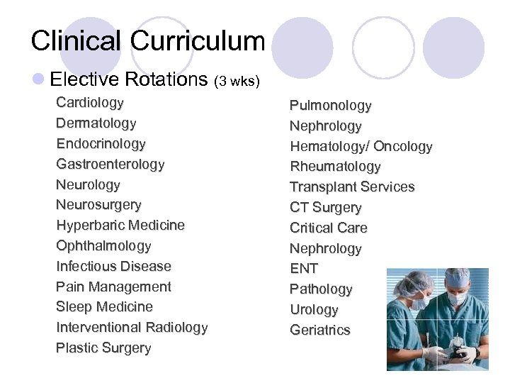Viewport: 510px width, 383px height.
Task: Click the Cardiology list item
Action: [x=90, y=103]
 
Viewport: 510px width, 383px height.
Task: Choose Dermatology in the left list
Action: [x=96, y=123]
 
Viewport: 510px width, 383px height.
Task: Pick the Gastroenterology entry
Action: [x=110, y=165]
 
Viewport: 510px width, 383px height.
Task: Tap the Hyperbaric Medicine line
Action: [x=120, y=226]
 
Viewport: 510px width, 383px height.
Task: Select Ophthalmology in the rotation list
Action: [x=103, y=246]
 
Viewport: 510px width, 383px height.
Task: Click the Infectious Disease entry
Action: [x=113, y=267]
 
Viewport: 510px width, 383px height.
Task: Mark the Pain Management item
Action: [x=113, y=287]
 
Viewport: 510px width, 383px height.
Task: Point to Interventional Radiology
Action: [x=132, y=328]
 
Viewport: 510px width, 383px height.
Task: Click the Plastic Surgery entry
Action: [x=103, y=348]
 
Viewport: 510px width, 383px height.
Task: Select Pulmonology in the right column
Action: [x=330, y=106]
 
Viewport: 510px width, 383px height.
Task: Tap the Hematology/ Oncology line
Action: [x=361, y=147]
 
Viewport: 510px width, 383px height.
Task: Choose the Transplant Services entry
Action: [x=352, y=187]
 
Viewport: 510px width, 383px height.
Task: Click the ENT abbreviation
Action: [x=304, y=269]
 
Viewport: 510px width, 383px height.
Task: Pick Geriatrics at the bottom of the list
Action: [x=319, y=331]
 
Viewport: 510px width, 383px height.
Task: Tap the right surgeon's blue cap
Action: [x=458, y=279]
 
